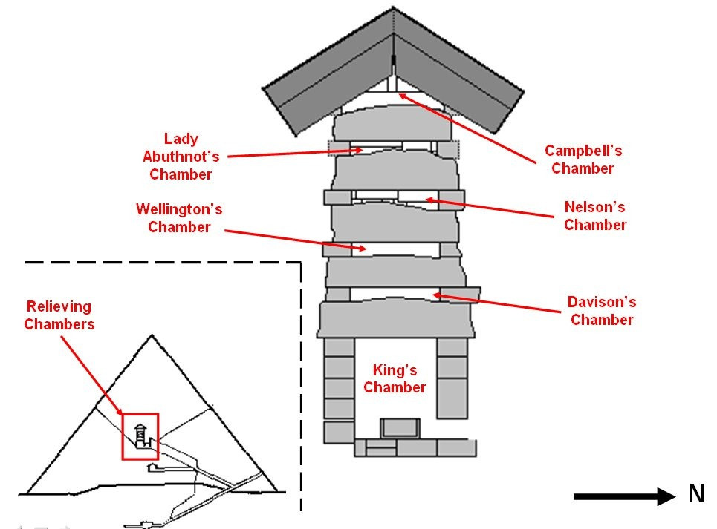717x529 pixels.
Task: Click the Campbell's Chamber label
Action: pyautogui.click(x=583, y=160)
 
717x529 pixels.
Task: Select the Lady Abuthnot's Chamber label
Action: pyautogui.click(x=181, y=157)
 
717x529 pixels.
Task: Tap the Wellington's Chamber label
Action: pyautogui.click(x=178, y=218)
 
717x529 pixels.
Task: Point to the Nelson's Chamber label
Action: pyautogui.click(x=594, y=216)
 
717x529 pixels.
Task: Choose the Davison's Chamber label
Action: pyautogui.click(x=602, y=311)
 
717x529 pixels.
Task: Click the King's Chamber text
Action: pyautogui.click(x=395, y=378)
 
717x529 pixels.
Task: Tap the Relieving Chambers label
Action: pyautogui.click(x=59, y=315)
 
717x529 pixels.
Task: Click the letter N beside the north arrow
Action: pyautogui.click(x=695, y=495)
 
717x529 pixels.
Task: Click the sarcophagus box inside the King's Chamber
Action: pyautogui.click(x=400, y=428)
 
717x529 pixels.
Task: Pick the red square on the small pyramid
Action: pyautogui.click(x=140, y=436)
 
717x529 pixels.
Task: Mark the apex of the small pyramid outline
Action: pyautogui.click(x=152, y=336)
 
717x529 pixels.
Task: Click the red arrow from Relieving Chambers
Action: pyautogui.click(x=91, y=375)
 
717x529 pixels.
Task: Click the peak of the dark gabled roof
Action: pyautogui.click(x=393, y=10)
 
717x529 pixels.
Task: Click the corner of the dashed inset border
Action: pyautogui.click(x=301, y=263)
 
